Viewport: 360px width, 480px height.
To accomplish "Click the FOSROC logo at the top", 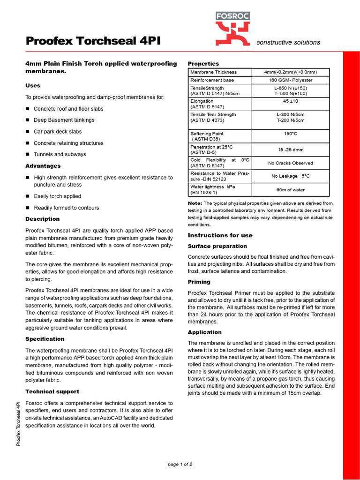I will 232,29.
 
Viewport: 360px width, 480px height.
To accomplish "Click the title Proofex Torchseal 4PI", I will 93,41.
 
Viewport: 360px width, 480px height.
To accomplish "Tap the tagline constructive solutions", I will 288,42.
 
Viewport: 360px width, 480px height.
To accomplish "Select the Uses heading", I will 33,86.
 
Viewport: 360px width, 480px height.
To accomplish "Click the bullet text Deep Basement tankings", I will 64,120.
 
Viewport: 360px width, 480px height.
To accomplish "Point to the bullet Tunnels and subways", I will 60,154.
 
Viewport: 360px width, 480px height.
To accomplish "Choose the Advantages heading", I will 43,166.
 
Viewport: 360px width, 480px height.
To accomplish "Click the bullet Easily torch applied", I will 57,196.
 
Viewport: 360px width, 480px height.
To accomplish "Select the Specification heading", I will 45,339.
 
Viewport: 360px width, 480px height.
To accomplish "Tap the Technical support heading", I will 52,391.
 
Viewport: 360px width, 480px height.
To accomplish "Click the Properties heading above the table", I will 203,64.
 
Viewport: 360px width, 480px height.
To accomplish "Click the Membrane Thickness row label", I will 213,72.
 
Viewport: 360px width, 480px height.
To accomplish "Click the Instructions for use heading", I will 220,235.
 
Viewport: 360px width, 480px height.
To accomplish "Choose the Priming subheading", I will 199,282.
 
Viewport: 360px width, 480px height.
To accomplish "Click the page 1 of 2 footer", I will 180,465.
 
